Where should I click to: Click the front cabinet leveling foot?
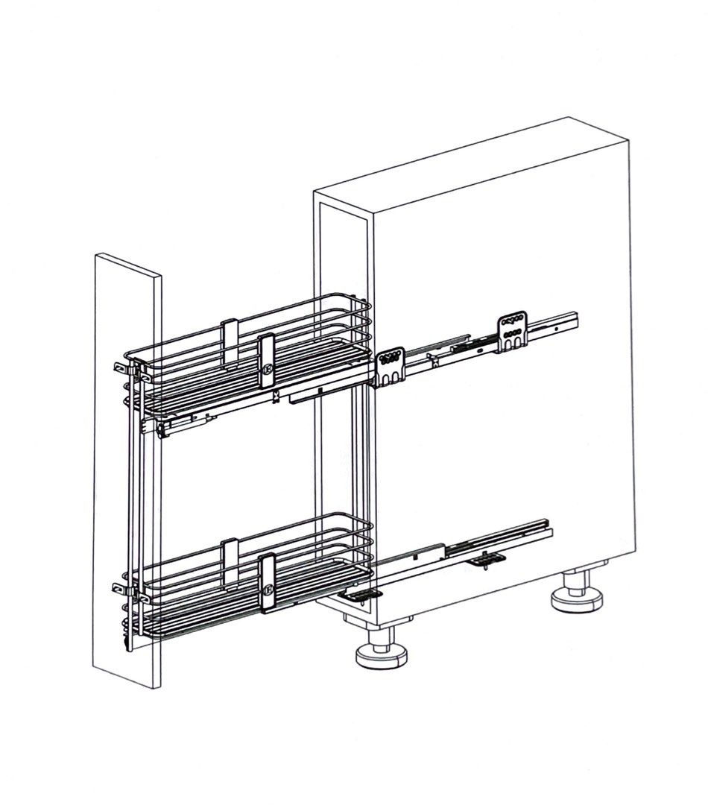(382, 650)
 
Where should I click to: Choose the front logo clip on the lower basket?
(267, 583)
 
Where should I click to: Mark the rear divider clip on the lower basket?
(230, 552)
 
